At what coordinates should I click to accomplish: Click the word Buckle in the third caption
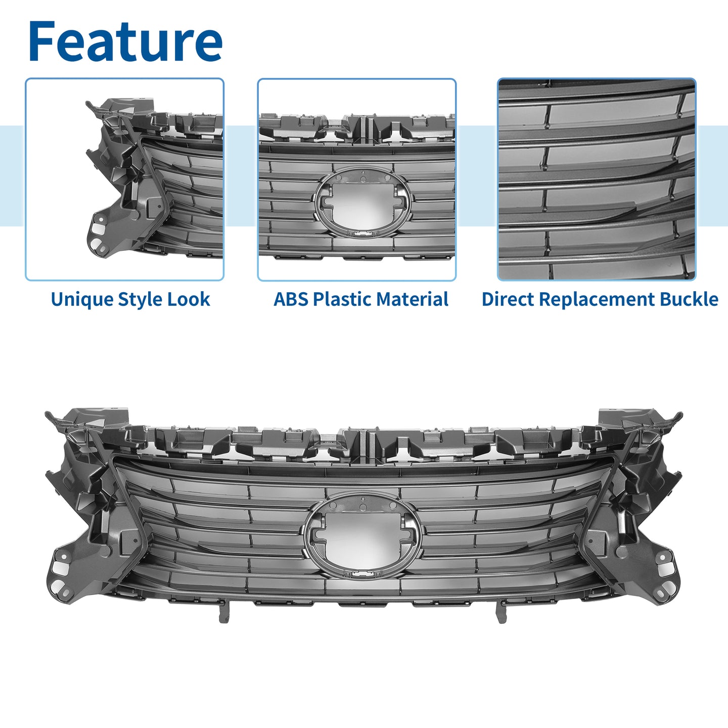click(x=689, y=299)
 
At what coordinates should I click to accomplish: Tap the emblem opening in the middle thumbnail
click(x=361, y=203)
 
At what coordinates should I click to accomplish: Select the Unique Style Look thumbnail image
click(x=125, y=179)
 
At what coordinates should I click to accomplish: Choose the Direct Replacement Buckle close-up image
click(x=597, y=179)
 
